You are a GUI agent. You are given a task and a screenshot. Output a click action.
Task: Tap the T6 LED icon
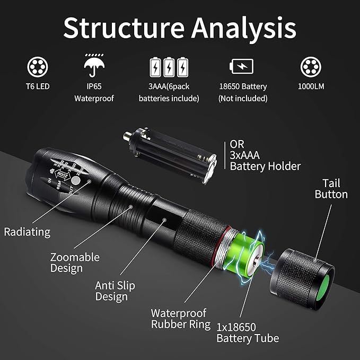point(36,67)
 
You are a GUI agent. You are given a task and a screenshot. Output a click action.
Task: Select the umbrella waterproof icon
point(94,66)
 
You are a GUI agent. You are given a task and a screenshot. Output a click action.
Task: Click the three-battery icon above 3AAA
point(169,67)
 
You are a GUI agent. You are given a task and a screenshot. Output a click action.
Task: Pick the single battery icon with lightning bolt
point(241,67)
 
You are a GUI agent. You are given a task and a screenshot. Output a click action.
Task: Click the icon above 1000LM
point(311,67)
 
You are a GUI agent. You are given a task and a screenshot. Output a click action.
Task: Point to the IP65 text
point(94,86)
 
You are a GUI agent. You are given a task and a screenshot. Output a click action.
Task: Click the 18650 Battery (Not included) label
point(243,92)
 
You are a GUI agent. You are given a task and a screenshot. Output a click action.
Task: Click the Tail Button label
point(331,188)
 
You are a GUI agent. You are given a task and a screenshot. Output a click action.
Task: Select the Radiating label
point(27,232)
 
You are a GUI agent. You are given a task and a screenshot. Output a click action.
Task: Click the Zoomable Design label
point(75,262)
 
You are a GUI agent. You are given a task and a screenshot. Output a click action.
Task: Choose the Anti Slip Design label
point(115,291)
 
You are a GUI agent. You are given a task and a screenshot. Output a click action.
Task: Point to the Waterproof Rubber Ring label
point(178,319)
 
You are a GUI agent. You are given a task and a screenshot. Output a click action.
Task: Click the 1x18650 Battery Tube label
point(248,332)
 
